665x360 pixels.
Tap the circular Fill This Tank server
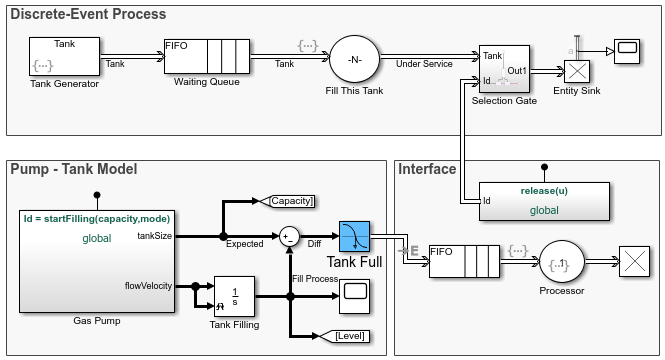click(354, 59)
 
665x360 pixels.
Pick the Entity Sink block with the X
click(576, 70)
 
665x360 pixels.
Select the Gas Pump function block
click(96, 259)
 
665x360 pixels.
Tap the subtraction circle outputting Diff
click(290, 236)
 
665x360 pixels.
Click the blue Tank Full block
click(355, 237)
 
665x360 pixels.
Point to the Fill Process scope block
click(355, 292)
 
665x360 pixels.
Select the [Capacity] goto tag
click(290, 201)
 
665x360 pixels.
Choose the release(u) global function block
click(544, 200)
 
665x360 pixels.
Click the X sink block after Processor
click(634, 263)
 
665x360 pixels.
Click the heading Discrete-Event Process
click(88, 15)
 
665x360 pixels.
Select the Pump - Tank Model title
click(73, 169)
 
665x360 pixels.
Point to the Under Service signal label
click(426, 63)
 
